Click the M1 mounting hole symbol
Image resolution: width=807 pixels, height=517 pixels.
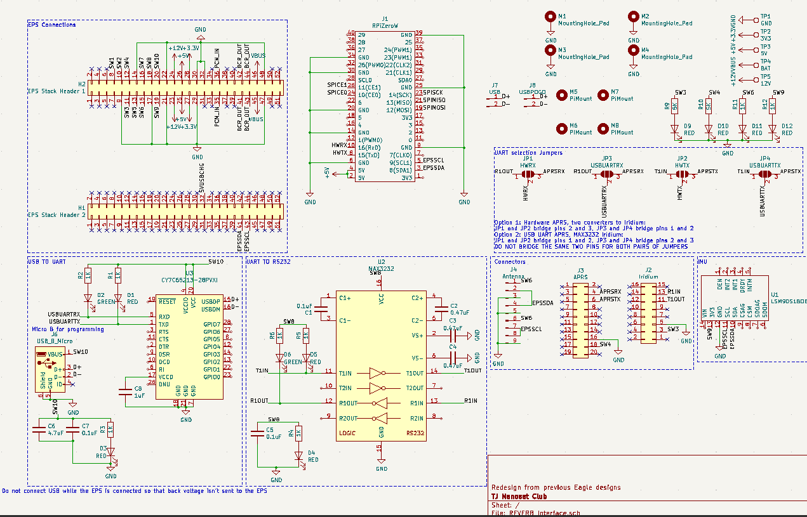pos(550,17)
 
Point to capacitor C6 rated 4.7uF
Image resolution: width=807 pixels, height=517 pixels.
pos(40,429)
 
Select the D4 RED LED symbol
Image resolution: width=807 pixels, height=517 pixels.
pos(298,455)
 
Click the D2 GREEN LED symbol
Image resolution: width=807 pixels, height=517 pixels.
pos(88,298)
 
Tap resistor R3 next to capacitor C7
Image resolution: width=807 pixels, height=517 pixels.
pos(110,429)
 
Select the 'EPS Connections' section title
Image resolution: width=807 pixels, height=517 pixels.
pos(51,25)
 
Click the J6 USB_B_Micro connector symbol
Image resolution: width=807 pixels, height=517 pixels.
pos(46,372)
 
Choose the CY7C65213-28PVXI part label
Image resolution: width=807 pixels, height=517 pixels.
pos(189,279)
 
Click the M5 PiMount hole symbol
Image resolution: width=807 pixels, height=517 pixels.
pos(561,95)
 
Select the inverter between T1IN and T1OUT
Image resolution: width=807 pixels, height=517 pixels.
pos(377,373)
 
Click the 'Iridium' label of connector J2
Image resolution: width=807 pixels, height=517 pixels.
pos(648,277)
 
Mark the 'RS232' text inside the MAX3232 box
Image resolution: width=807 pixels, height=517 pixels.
pos(415,434)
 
